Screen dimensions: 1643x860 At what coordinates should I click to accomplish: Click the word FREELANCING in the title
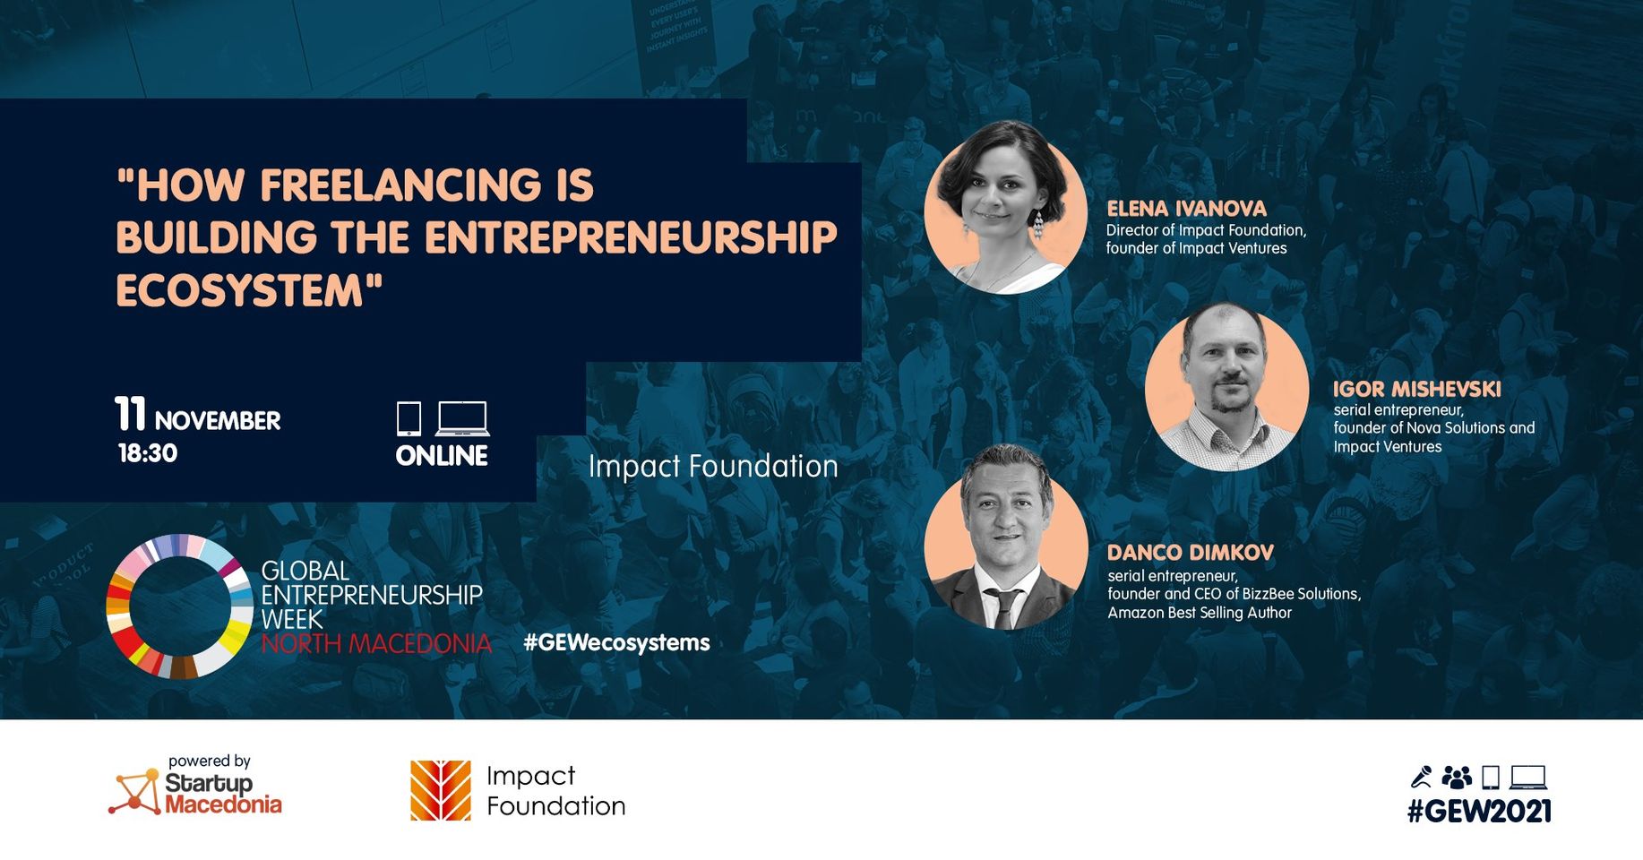[400, 185]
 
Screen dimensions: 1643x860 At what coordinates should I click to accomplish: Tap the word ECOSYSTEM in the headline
[239, 290]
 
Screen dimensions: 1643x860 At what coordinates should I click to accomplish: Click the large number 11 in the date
[130, 414]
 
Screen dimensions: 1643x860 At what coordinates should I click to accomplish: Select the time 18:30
[148, 453]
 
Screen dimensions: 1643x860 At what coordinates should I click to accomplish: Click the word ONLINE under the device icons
[442, 456]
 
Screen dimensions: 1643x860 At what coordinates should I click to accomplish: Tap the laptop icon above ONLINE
[462, 418]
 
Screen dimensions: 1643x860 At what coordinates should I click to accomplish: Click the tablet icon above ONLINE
[409, 418]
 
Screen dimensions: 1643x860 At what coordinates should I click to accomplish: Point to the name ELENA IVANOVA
[1186, 209]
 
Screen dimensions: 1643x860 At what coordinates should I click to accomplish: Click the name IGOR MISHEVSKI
[1416, 389]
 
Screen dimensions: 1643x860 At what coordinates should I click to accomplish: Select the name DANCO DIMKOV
[1190, 553]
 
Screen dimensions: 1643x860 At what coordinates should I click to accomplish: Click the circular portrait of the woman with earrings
[1006, 208]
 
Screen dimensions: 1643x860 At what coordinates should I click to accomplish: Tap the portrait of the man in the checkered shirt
[1226, 387]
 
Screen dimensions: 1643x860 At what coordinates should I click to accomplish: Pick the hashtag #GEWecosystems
[616, 642]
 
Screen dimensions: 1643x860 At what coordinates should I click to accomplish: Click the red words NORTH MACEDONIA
[376, 643]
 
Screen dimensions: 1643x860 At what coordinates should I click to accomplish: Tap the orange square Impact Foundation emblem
[440, 790]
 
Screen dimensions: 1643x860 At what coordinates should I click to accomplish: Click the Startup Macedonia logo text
[222, 794]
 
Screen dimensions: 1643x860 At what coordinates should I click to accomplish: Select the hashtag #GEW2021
[1478, 812]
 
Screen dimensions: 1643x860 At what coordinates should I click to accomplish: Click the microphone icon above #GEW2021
[1422, 777]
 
